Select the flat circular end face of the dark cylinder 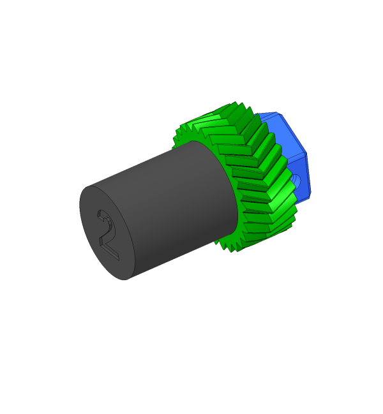click(x=107, y=233)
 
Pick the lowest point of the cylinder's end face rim click(x=124, y=280)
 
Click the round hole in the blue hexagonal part click(x=296, y=181)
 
